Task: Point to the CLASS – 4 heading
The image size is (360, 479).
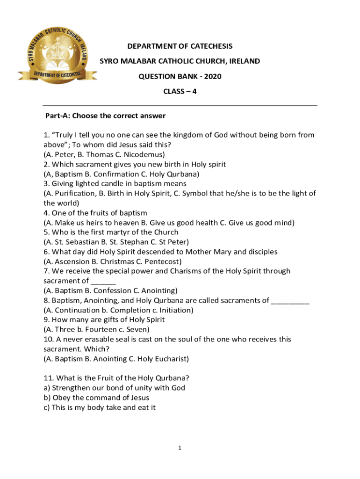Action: click(180, 91)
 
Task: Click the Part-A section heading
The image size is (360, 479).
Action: click(105, 116)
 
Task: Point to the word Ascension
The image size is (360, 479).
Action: click(71, 261)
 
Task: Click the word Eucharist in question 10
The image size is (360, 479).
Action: click(171, 359)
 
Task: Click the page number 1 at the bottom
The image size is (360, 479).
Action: click(180, 448)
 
